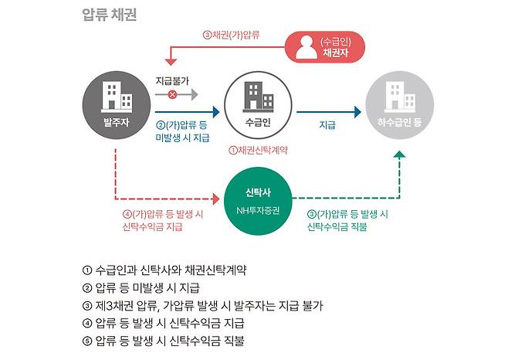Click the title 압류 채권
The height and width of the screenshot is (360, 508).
110,15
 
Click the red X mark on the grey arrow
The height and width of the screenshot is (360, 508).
171,95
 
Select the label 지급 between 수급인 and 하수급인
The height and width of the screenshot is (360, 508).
327,124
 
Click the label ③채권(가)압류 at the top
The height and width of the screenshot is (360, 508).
231,34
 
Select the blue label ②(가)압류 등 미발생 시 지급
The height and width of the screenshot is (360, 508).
182,131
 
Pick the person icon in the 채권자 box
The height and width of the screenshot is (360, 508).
304,46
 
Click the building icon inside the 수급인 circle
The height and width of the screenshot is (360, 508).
256,97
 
